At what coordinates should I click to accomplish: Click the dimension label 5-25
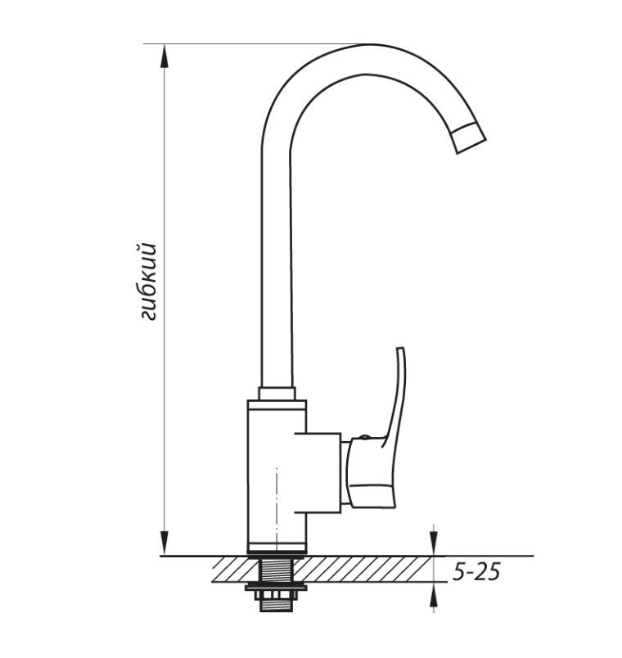[476, 571]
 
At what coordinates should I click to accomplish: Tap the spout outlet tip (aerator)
[470, 137]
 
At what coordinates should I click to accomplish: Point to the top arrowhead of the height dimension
[165, 56]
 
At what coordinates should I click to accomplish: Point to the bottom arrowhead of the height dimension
[165, 543]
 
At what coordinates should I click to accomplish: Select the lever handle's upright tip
[400, 349]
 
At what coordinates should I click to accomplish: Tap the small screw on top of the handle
[364, 437]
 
